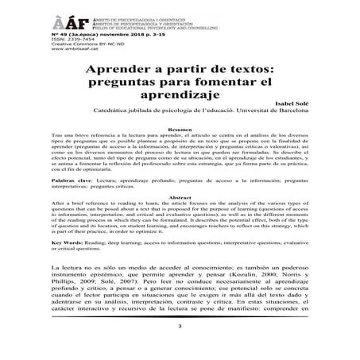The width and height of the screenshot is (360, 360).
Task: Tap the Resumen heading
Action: click(x=181, y=151)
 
